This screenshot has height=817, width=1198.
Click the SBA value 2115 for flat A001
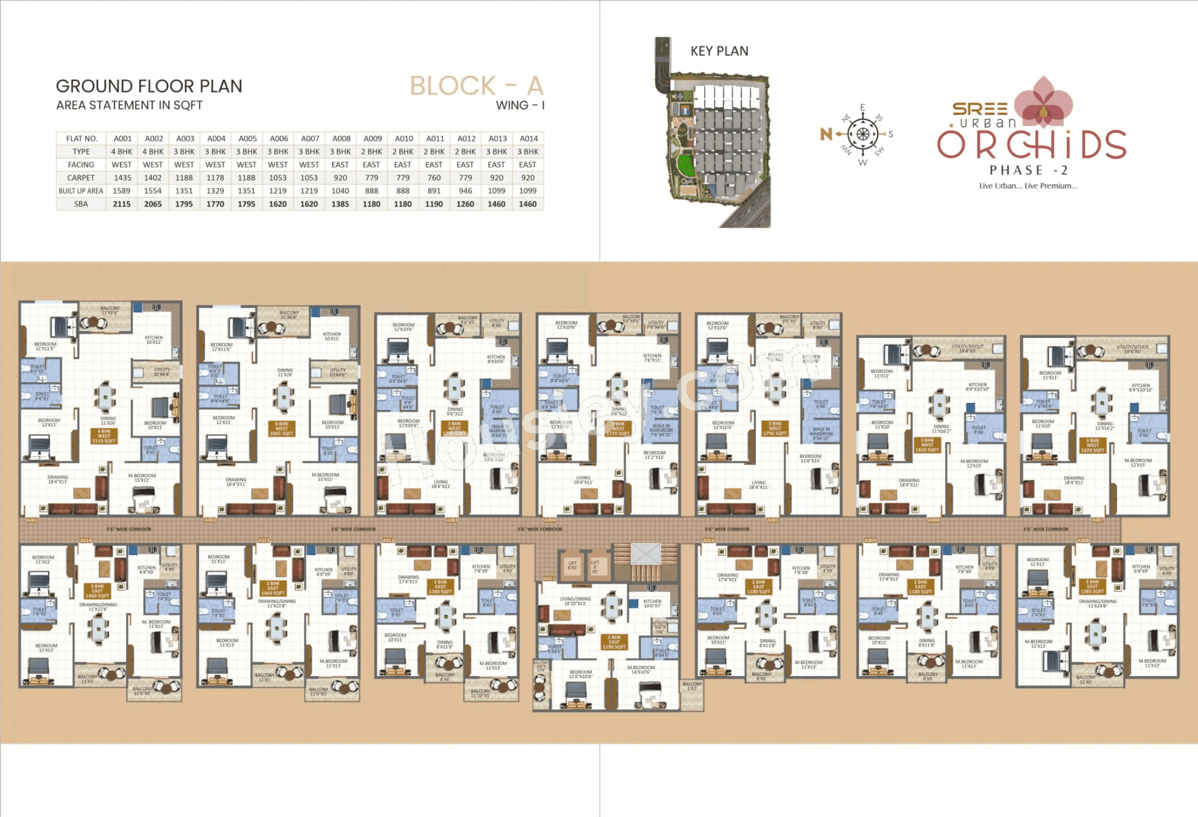pyautogui.click(x=122, y=204)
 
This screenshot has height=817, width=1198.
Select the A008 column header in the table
pyautogui.click(x=341, y=139)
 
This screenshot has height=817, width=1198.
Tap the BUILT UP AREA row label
pyautogui.click(x=81, y=191)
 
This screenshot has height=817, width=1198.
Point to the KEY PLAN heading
pyautogui.click(x=719, y=51)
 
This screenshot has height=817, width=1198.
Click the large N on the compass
pyautogui.click(x=826, y=135)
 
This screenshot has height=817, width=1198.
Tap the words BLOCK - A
pyautogui.click(x=476, y=86)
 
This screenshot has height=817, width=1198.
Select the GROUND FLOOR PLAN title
pyautogui.click(x=149, y=86)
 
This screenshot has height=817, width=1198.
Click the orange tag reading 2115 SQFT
pyautogui.click(x=104, y=436)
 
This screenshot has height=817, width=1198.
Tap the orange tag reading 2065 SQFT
pyautogui.click(x=281, y=429)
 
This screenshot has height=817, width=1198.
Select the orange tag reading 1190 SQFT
pyautogui.click(x=614, y=642)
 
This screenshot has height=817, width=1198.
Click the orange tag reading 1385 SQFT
pyautogui.click(x=1092, y=586)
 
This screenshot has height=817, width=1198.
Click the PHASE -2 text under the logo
pyautogui.click(x=1028, y=170)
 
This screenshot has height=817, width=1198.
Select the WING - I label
pyautogui.click(x=520, y=106)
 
